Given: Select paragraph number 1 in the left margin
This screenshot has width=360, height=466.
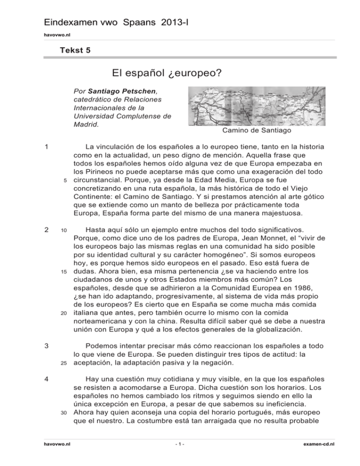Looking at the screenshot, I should [x=43, y=147].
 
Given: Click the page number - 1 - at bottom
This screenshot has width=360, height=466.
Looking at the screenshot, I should [x=180, y=456].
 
